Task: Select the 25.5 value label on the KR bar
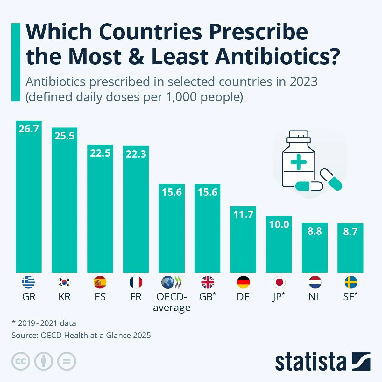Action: pos(64,136)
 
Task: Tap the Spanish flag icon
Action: pos(100,282)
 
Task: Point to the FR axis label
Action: pos(136,297)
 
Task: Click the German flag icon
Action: pos(243,282)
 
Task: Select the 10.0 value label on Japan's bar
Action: pos(279,224)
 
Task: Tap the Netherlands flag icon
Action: pos(315,282)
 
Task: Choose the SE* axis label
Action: pos(350,297)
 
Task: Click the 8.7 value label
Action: pos(350,231)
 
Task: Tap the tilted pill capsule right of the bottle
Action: pos(331,180)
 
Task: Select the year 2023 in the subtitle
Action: pos(303,82)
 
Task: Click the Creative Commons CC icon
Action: pos(21,361)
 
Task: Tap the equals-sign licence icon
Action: pos(67,361)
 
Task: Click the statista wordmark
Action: pos(310,362)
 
